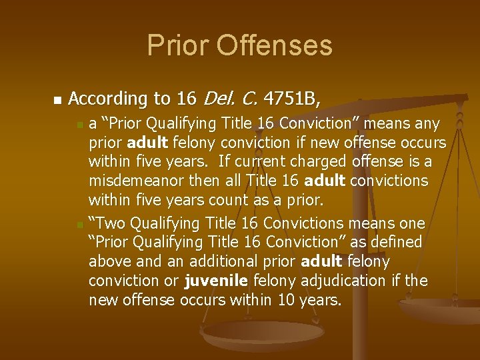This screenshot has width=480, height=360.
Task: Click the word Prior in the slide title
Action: (x=175, y=45)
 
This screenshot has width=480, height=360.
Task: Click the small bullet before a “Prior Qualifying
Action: (x=80, y=125)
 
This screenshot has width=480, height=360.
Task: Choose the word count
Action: (x=233, y=201)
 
